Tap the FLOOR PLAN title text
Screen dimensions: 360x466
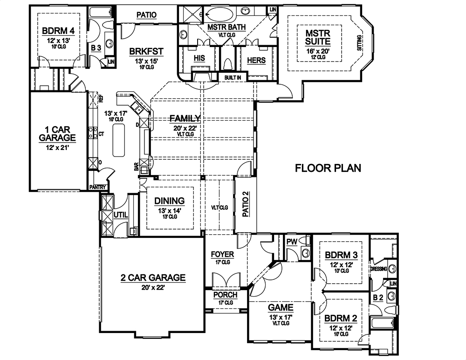328,168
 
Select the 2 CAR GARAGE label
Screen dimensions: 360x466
153,278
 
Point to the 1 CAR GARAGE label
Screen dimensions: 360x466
57,133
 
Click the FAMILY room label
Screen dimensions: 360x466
185,118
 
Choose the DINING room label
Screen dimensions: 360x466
169,201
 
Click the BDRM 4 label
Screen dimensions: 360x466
58,31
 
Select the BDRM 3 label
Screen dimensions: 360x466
341,255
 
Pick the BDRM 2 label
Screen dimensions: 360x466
341,319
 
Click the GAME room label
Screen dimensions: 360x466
281,307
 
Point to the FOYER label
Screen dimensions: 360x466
222,255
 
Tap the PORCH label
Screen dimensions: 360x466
225,295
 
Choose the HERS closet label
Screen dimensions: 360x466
256,61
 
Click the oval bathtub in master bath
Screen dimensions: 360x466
222,14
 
